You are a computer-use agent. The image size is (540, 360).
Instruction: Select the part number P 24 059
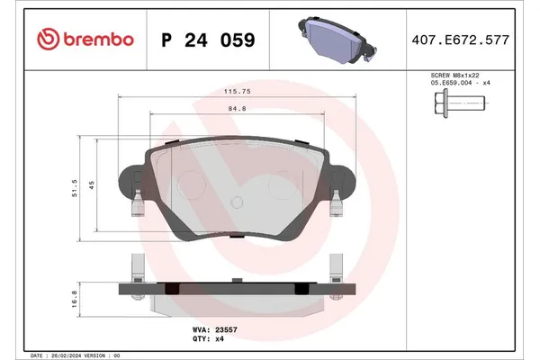point(206,40)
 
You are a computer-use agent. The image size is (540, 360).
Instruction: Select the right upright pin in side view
point(336,268)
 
